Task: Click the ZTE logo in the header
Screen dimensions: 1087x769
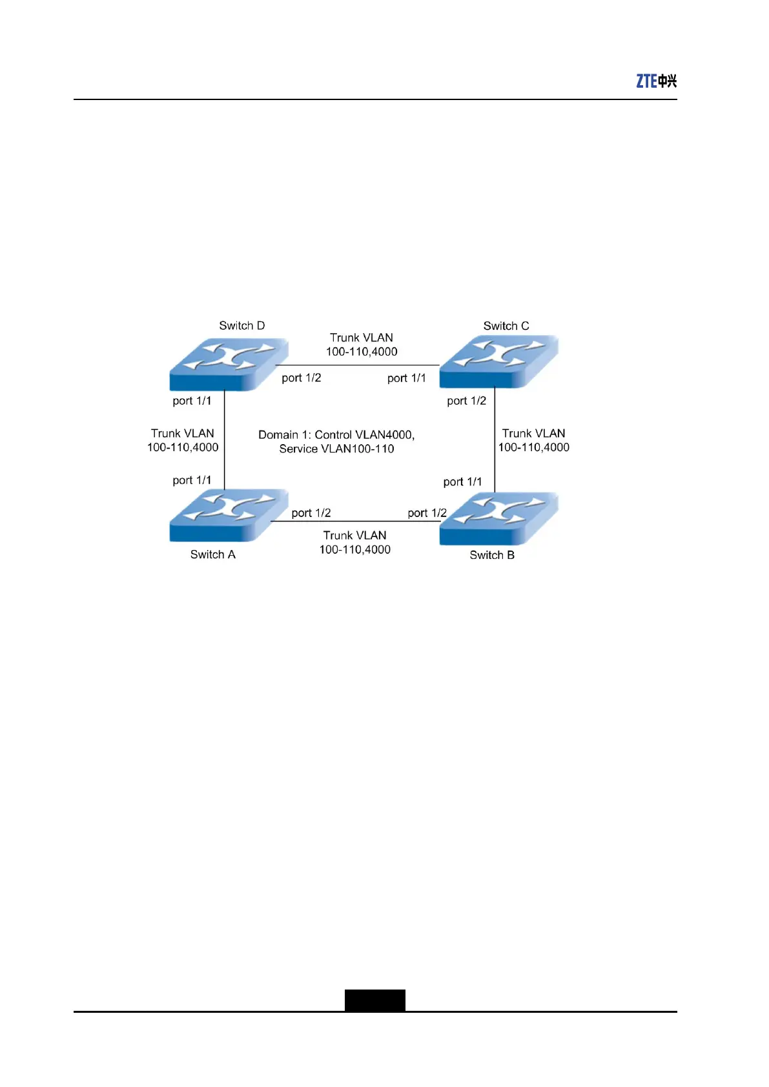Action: click(656, 81)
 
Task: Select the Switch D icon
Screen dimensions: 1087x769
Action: click(228, 365)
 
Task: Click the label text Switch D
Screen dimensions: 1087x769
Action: click(241, 325)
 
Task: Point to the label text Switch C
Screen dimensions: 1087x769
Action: click(506, 326)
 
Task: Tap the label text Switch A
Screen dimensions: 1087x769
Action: click(212, 554)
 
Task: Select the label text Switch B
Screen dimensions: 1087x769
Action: click(492, 555)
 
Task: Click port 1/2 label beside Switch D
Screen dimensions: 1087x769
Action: click(302, 378)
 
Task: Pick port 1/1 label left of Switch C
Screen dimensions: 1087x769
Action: click(407, 378)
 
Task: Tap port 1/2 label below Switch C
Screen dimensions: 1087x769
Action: click(466, 401)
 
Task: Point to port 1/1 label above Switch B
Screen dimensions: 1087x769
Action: click(462, 482)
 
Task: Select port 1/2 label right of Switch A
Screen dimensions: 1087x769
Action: click(311, 513)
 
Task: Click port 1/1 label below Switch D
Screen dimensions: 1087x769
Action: click(192, 401)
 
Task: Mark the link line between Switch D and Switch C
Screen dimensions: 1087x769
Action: click(362, 365)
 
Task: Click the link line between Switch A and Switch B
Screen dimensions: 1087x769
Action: click(355, 521)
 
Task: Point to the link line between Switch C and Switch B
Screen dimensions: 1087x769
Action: click(495, 439)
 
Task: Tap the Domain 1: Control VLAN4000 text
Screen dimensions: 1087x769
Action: click(336, 434)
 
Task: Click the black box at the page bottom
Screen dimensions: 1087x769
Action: click(374, 1000)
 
